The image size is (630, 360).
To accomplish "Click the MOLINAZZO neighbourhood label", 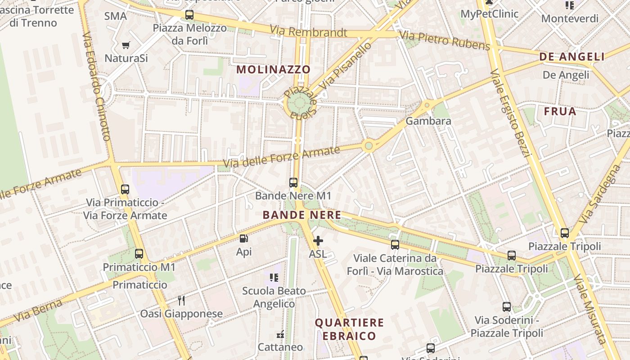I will pyautogui.click(x=274, y=69).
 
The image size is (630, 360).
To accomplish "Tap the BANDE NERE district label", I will pyautogui.click(x=302, y=215).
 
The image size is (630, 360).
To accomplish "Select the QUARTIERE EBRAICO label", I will pyautogui.click(x=349, y=329).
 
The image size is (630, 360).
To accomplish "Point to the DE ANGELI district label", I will pyautogui.click(x=572, y=57).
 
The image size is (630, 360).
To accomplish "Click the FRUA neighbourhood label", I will pyautogui.click(x=560, y=111).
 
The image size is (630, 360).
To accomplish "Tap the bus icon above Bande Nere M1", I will pyautogui.click(x=293, y=182).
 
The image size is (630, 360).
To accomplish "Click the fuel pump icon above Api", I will pyautogui.click(x=243, y=239).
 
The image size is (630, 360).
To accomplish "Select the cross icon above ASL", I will pyautogui.click(x=318, y=241).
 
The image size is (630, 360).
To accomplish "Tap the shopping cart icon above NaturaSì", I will pyautogui.click(x=126, y=45).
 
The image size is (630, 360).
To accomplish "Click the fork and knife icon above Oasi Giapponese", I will pyautogui.click(x=181, y=300).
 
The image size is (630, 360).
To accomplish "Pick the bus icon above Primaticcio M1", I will pyautogui.click(x=139, y=254).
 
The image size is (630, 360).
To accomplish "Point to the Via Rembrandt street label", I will pyautogui.click(x=308, y=32).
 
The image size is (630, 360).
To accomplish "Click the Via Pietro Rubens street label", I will pyautogui.click(x=444, y=40).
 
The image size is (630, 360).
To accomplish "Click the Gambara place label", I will pyautogui.click(x=428, y=121).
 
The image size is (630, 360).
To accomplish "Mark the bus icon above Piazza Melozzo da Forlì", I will pyautogui.click(x=189, y=15).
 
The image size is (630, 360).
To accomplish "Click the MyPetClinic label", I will pyautogui.click(x=490, y=13).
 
